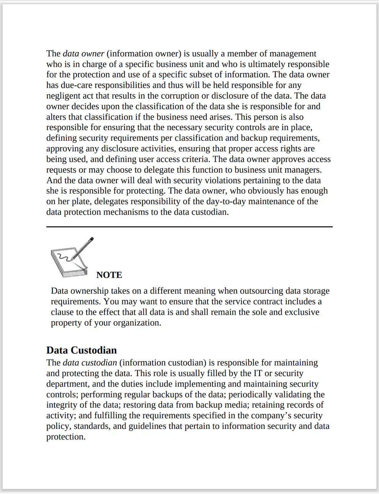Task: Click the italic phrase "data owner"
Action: click(x=83, y=54)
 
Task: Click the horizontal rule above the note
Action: click(x=189, y=227)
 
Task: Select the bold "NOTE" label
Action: click(x=109, y=275)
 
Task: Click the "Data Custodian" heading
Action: click(x=82, y=350)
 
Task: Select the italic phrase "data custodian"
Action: click(x=90, y=363)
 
